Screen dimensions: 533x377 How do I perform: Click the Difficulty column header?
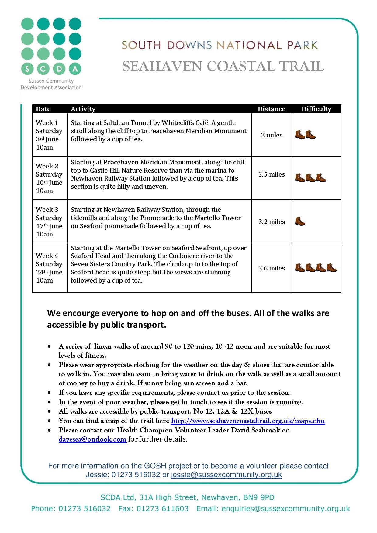tap(316, 109)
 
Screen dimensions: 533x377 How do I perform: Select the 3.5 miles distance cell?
tap(272, 174)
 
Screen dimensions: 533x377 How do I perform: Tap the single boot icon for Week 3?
tap(300, 221)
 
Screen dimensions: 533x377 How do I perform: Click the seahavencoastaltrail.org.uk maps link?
tap(248, 421)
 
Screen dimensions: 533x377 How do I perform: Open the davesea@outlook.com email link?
tap(92, 439)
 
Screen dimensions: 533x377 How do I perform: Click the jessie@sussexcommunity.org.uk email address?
tap(226, 475)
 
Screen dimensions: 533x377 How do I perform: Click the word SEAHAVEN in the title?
tap(157, 67)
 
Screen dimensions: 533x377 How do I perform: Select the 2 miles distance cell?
tap(272, 135)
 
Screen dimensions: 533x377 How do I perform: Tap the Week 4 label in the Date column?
tap(47, 256)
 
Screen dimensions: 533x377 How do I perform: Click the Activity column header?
tap(83, 109)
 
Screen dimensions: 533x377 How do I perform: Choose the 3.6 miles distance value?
tap(272, 268)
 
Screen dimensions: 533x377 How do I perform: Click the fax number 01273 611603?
tap(162, 508)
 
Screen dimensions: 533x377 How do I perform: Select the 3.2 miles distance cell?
tap(272, 222)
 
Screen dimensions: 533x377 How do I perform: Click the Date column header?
tap(43, 109)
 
